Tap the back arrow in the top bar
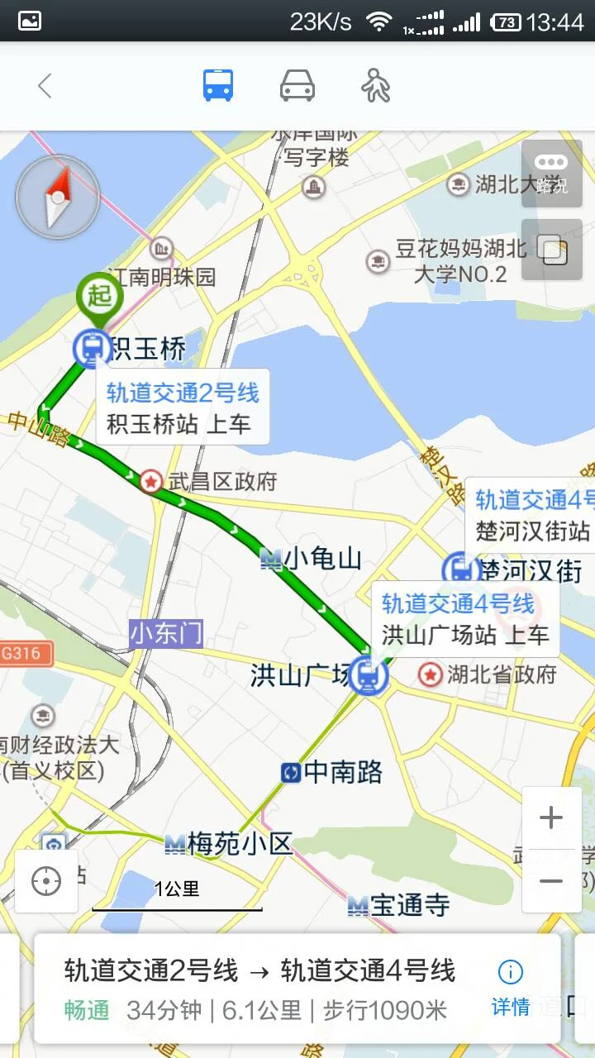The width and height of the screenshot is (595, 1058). pos(45,86)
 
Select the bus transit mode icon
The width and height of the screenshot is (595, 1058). pos(218,86)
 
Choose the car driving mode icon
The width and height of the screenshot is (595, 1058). pos(297,86)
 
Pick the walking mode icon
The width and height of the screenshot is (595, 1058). pos(376,86)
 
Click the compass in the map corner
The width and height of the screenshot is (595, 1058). pos(57,197)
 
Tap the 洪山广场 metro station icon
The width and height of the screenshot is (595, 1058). pos(369,675)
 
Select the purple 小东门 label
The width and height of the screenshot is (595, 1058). pos(166,634)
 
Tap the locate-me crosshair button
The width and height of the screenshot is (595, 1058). pos(46,882)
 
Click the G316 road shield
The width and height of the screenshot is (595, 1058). pos(22,654)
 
